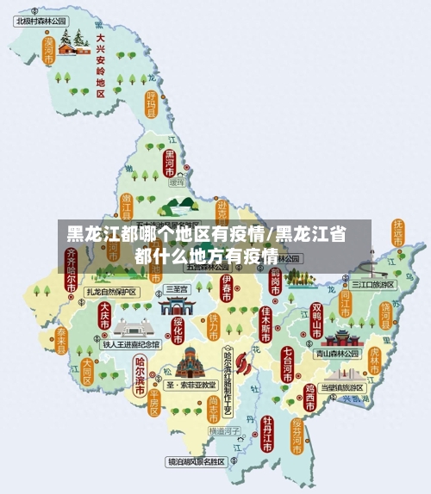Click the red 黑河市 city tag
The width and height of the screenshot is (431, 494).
[170, 162]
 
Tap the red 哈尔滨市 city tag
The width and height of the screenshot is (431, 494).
[141, 374]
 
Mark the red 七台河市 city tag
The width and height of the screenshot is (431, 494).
[287, 362]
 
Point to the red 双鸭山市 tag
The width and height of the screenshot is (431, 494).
[317, 319]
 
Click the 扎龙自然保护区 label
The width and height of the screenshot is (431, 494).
[109, 292]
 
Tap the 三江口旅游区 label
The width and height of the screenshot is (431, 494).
[372, 284]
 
